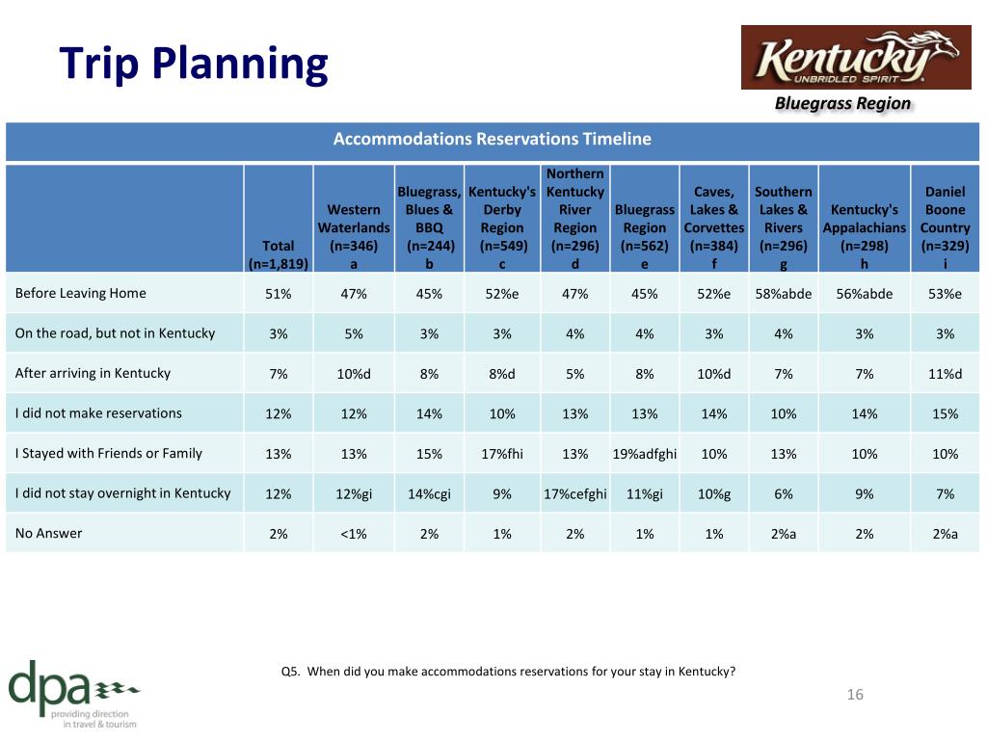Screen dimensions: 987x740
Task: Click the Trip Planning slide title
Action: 193,65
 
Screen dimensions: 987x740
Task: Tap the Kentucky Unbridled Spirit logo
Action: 856,57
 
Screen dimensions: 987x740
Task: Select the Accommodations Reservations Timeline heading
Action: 493,139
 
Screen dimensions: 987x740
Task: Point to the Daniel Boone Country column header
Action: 945,227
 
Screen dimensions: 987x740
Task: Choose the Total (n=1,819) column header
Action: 279,254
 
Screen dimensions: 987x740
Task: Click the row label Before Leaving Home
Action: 81,293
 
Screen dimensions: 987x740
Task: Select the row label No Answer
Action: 48,534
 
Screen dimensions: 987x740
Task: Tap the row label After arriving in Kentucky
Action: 93,373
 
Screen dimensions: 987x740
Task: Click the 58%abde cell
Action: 783,294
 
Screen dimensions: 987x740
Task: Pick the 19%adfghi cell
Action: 645,455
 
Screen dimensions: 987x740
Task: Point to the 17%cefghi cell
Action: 575,494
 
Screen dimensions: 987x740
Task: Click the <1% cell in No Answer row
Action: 354,534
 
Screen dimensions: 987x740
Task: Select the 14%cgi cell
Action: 429,494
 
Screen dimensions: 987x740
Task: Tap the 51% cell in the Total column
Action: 279,294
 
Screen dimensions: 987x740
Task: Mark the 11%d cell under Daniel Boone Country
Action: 945,374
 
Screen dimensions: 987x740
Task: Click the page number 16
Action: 855,695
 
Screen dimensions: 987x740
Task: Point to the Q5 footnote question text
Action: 508,672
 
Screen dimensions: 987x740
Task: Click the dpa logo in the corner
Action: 73,694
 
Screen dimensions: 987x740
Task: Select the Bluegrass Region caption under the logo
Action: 842,104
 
